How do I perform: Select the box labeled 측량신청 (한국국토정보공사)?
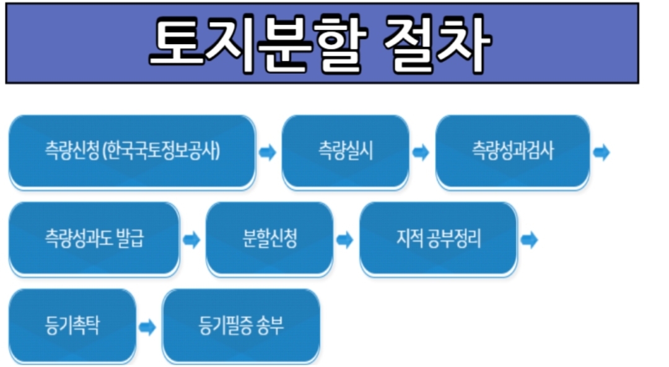point(132,151)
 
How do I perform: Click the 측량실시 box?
point(345,151)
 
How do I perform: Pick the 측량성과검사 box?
point(512,151)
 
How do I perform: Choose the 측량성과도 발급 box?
point(94,239)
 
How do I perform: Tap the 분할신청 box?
point(269,239)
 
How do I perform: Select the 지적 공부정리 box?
point(438,239)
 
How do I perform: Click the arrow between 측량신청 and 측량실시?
point(268,153)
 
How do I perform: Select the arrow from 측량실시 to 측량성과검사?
point(421,153)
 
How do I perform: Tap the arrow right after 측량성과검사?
point(601,153)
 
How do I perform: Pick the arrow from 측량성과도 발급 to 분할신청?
point(192,240)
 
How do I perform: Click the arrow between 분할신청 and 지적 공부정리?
point(345,240)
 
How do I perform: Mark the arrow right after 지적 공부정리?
point(529,240)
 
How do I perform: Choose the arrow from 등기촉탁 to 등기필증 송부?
point(147,327)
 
